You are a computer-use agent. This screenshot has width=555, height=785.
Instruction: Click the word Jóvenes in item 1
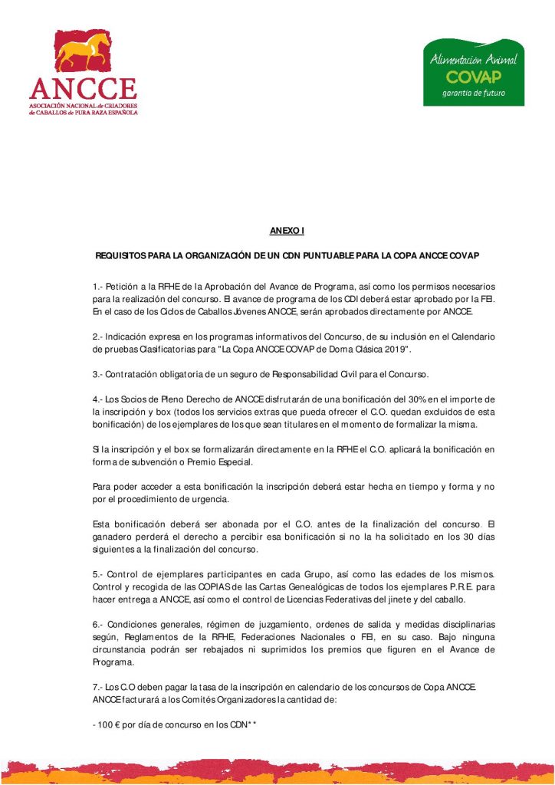[222, 312]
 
